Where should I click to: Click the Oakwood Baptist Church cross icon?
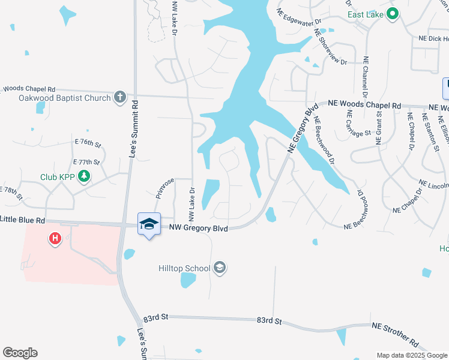point(120,97)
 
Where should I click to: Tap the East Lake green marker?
point(393,13)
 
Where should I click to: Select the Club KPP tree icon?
point(85,176)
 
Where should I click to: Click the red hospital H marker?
point(55,239)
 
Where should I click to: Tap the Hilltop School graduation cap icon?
point(220,268)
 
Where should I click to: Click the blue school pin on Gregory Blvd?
point(149,224)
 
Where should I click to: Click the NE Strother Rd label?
point(396,334)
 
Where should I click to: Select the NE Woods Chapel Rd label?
point(364,104)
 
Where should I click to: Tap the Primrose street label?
point(164,188)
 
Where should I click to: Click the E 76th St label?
point(89,142)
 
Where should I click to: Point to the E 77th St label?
point(86,162)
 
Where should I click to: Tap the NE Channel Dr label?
point(365,77)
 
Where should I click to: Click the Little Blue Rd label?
point(22,220)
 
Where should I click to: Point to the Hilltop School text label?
point(184,268)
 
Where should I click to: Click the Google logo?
point(20,353)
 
